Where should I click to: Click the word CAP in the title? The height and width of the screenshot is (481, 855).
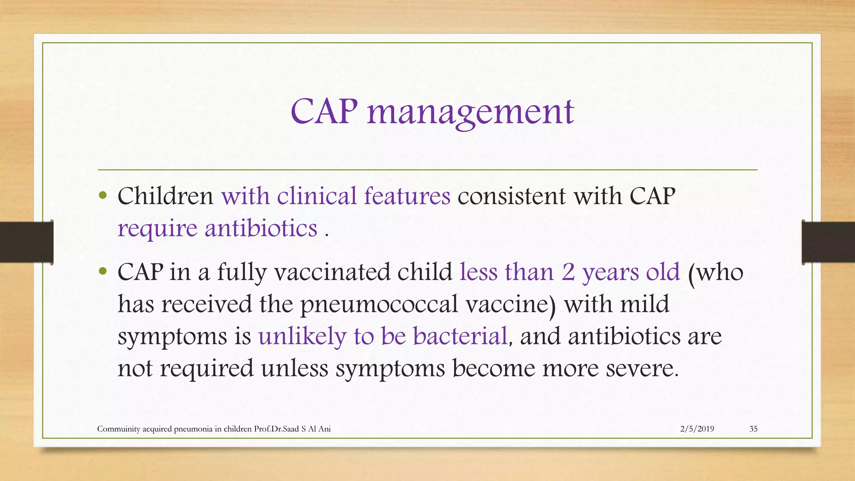[x=324, y=112]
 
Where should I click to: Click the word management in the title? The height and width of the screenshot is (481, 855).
[x=471, y=113]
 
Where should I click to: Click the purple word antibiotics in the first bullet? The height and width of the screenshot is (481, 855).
[x=261, y=228]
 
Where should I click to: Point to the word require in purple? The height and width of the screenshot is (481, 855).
[x=157, y=229]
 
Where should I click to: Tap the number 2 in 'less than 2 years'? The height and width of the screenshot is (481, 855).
[x=568, y=272]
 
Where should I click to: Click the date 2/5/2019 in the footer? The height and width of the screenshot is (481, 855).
[x=697, y=429]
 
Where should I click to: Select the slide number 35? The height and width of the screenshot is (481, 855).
[x=753, y=429]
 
